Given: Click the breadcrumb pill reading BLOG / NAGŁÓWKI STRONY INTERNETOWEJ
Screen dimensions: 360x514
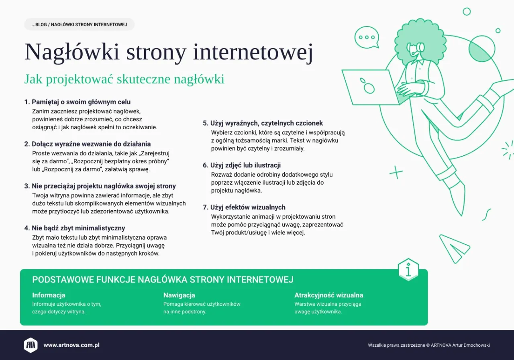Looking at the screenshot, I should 79,24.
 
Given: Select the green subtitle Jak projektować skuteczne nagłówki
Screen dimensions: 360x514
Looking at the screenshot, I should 124,79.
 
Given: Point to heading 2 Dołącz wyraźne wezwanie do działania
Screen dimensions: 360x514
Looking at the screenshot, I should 88,144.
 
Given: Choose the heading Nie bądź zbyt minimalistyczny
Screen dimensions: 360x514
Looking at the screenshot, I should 75,228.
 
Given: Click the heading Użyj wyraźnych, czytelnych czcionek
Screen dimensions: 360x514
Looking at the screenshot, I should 263,123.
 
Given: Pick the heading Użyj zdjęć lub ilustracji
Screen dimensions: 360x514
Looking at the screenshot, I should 242,165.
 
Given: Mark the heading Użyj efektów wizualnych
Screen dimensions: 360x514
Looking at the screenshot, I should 244,207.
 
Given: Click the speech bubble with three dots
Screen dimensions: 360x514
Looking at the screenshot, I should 367,37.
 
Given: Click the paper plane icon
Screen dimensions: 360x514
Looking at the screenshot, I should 455,248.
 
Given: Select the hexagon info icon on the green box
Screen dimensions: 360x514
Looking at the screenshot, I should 408,270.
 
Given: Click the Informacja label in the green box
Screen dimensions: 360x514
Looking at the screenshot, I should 49,295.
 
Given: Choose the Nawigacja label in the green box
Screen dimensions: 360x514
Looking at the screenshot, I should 179,295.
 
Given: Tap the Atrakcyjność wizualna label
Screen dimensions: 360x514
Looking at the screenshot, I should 328,295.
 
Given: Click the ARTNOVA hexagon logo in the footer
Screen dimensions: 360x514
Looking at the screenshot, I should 31,345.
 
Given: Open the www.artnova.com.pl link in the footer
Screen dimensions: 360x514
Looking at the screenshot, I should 71,345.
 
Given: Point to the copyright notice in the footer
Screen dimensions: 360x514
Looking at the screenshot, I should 428,345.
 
